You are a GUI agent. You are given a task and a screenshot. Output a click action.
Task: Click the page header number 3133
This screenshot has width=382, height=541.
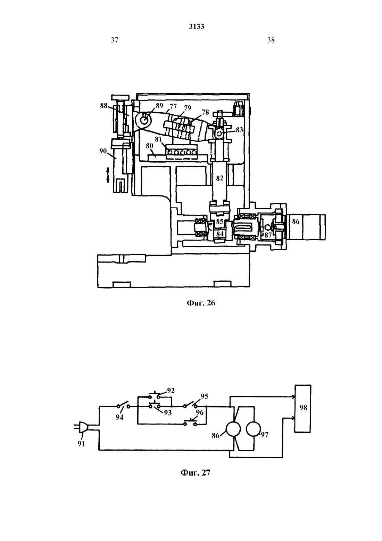point(197,26)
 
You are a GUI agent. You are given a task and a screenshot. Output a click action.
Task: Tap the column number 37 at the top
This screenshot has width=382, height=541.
point(115,40)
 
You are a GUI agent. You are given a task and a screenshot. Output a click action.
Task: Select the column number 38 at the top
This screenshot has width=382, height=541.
point(271,40)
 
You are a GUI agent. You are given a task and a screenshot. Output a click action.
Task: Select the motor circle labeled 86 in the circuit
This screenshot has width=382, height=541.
point(233,429)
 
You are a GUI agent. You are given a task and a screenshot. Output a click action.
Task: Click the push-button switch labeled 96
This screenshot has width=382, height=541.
point(191,423)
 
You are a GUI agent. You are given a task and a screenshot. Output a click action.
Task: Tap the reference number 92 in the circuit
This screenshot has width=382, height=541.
point(171,390)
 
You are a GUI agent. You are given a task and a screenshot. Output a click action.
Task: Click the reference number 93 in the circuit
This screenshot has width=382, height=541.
point(168,413)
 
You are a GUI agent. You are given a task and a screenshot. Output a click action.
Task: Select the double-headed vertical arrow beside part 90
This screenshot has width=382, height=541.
point(108,175)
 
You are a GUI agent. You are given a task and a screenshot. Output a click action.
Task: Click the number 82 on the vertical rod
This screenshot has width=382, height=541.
point(219,178)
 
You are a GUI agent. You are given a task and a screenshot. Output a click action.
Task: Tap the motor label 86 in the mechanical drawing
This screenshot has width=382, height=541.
point(296,221)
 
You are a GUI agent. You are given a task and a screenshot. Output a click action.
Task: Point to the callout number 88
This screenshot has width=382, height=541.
point(104,106)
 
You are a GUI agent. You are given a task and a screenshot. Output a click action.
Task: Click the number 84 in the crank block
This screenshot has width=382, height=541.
point(220,234)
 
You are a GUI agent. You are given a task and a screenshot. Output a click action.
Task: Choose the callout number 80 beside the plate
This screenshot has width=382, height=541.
point(150,146)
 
